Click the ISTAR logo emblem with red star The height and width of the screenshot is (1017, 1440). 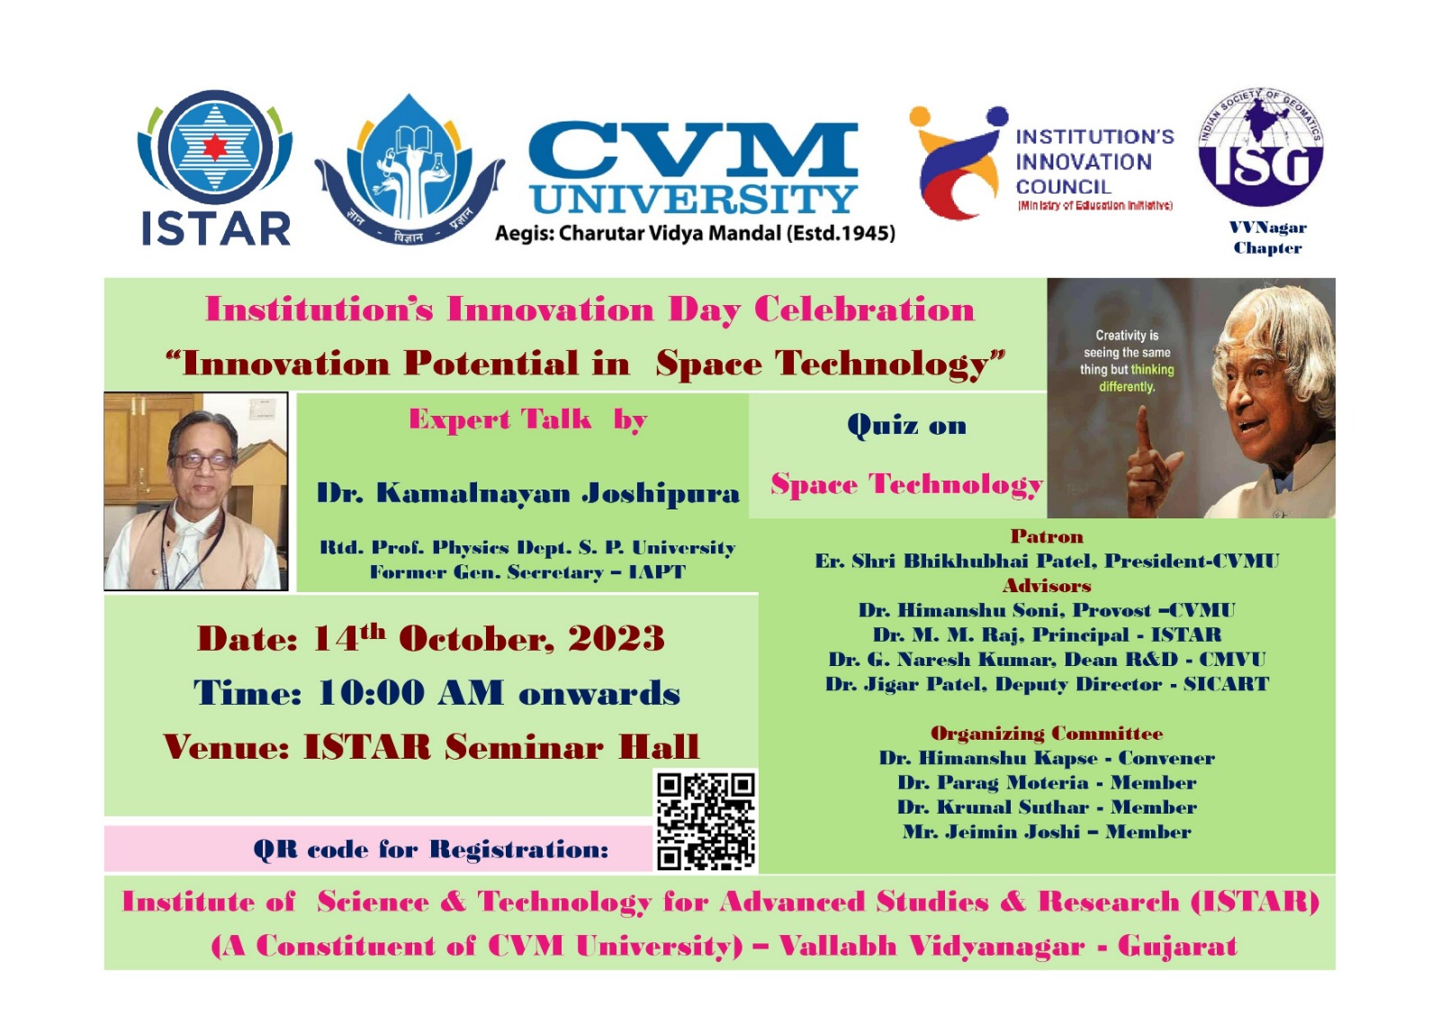click(214, 147)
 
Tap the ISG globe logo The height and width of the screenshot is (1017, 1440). click(1261, 147)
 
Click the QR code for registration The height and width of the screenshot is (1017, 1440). click(706, 821)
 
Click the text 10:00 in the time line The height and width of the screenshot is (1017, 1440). click(371, 693)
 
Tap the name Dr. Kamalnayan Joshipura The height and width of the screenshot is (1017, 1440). click(527, 493)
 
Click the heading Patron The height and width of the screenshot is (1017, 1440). click(1047, 536)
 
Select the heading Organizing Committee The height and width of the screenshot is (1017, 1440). click(1047, 733)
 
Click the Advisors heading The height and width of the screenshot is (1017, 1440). click(1047, 586)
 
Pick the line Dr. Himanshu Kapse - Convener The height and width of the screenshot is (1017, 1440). click(1047, 758)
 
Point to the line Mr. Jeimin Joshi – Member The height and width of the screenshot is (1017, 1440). click(1047, 832)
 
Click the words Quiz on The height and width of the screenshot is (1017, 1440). click(906, 425)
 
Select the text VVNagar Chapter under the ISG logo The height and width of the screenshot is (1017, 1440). click(1267, 238)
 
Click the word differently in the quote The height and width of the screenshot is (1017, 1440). click(1127, 387)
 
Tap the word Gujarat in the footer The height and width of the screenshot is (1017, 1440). click(1177, 946)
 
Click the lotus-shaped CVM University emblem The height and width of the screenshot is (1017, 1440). click(409, 168)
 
